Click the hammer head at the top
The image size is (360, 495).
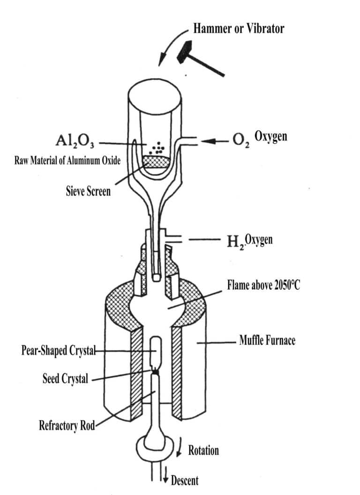[187, 52]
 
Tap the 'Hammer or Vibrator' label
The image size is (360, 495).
[239, 29]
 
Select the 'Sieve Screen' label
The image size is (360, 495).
[88, 191]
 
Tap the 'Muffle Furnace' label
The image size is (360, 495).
[267, 340]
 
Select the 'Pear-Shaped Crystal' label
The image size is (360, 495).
[58, 350]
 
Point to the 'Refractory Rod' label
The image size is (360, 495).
[67, 426]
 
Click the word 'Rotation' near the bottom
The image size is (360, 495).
[203, 451]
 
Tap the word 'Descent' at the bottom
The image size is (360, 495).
[185, 480]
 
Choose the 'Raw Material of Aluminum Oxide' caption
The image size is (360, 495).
[67, 161]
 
